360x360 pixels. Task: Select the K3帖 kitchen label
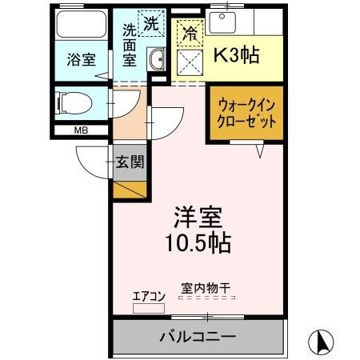coord(234,57)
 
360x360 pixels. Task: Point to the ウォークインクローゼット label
coord(247,112)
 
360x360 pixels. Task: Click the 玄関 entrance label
coord(130,162)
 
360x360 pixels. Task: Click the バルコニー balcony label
coord(197,336)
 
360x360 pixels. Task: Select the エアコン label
coord(148,297)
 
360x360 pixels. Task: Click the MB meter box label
coord(81,130)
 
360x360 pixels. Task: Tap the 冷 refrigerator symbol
coord(189,34)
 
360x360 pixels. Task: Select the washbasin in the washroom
coord(157,60)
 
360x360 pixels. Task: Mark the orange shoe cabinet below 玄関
coord(130,190)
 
